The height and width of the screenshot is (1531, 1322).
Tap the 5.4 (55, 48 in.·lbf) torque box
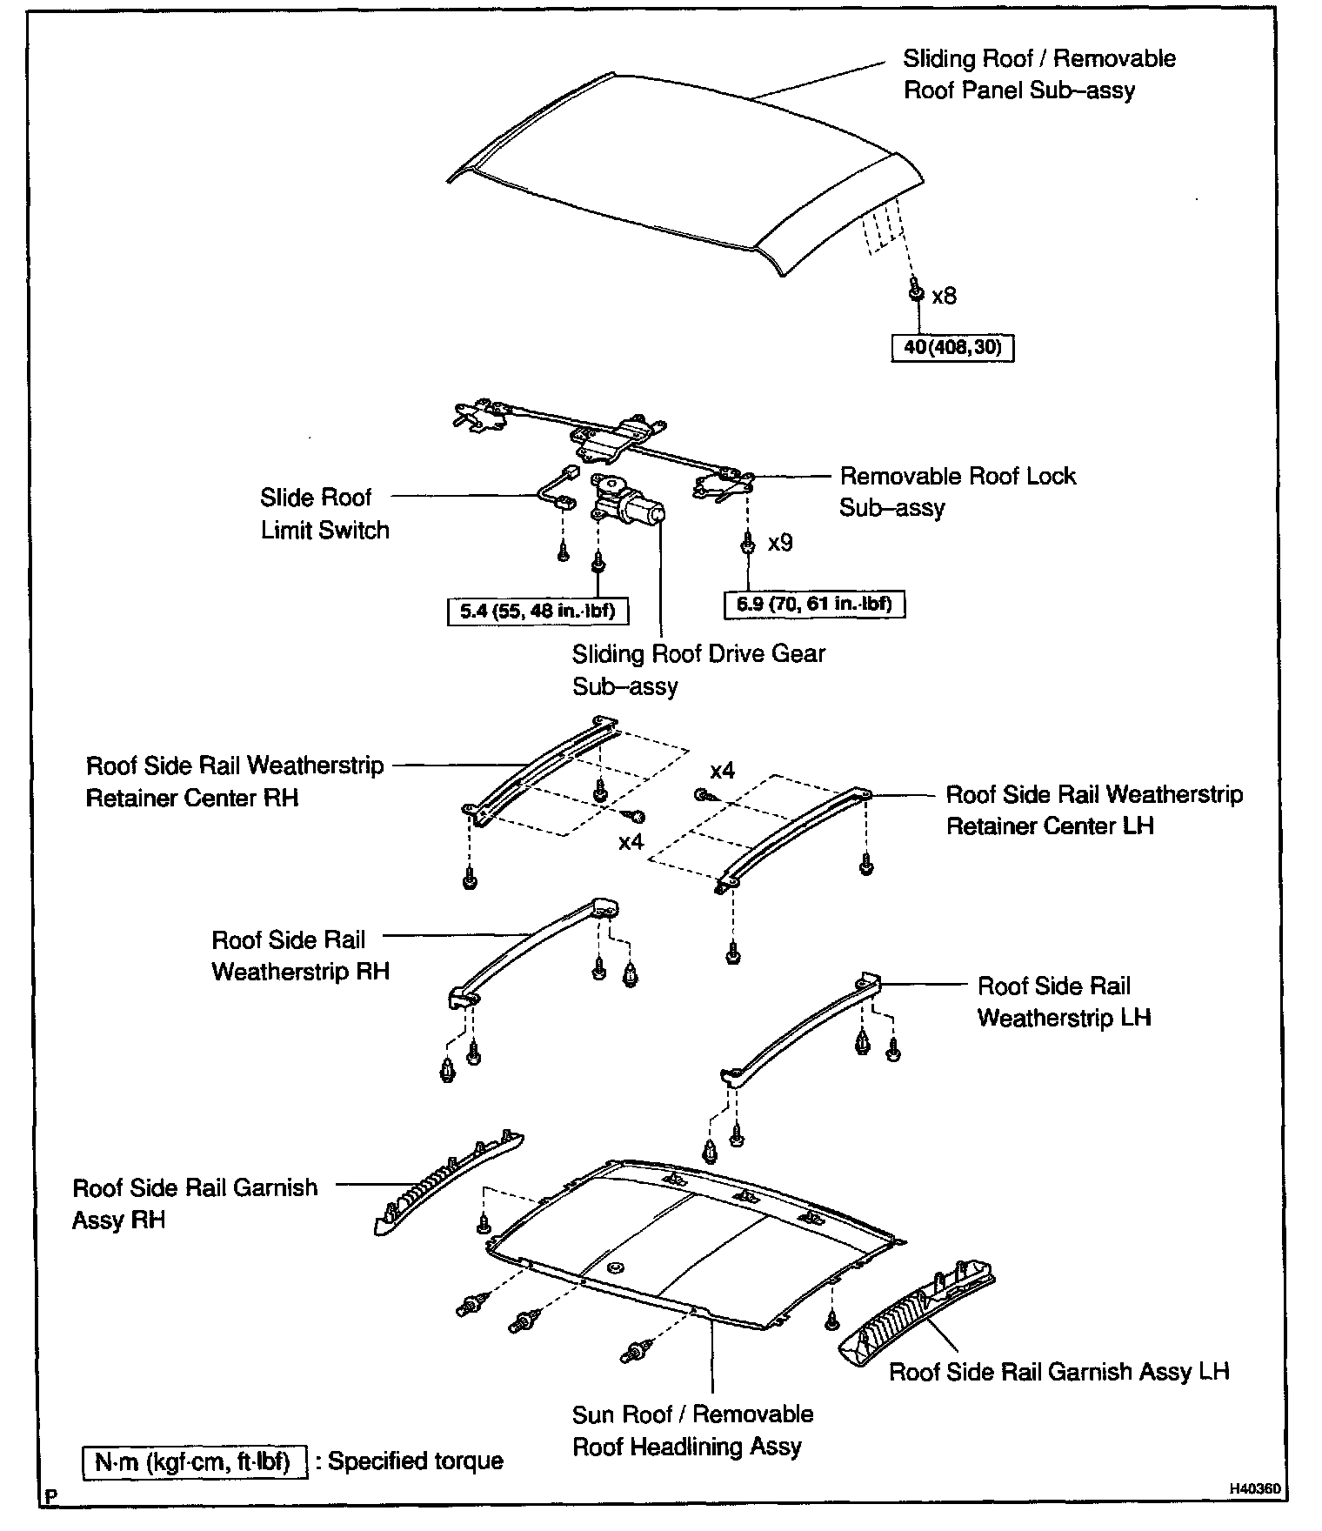(537, 611)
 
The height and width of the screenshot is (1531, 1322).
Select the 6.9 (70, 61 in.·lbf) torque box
(814, 604)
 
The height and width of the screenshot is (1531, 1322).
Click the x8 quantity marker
(944, 297)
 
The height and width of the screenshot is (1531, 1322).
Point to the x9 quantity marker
(780, 543)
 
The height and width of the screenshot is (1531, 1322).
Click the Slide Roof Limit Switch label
(324, 513)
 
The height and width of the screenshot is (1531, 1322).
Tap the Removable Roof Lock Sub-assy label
(957, 491)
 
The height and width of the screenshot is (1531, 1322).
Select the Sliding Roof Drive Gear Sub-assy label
(698, 670)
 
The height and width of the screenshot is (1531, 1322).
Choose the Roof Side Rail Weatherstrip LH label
(1063, 1001)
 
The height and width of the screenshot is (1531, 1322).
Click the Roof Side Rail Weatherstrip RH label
(300, 955)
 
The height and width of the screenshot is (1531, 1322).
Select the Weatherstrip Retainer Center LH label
(1093, 810)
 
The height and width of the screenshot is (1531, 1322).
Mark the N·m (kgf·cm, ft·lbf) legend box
(194, 1461)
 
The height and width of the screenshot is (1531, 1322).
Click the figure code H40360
(1254, 1489)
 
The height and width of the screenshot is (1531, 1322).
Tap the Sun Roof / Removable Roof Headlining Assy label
(692, 1430)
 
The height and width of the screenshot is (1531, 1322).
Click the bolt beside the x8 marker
(916, 291)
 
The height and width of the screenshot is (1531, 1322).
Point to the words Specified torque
(415, 1461)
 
